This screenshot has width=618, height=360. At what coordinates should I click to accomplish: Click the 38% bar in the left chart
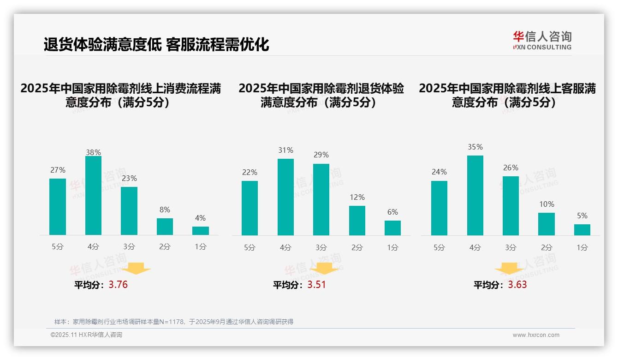click(x=93, y=196)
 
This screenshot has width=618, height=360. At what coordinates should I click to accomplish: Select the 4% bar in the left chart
click(x=201, y=231)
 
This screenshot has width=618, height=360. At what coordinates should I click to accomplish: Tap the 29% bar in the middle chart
click(x=321, y=199)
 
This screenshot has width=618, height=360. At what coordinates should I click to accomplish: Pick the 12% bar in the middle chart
click(x=357, y=221)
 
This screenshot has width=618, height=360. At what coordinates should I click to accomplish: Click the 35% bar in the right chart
click(x=475, y=195)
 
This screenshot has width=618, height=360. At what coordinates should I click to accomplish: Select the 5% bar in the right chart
click(x=582, y=230)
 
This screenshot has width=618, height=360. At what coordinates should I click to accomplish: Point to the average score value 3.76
click(x=118, y=285)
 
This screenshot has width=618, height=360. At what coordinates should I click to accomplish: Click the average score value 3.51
click(x=316, y=285)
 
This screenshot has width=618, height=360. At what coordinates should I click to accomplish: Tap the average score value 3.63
click(x=517, y=285)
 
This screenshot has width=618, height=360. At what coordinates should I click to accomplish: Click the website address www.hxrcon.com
click(x=536, y=335)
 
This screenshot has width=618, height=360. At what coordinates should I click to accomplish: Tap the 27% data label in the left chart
click(x=58, y=170)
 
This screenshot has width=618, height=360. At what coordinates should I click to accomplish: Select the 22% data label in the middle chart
click(x=250, y=173)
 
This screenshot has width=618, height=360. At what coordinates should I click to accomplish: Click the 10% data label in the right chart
click(x=547, y=204)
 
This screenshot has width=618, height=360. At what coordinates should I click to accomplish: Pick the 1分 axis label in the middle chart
click(x=392, y=248)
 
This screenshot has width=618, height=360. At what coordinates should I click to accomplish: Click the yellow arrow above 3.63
click(x=509, y=269)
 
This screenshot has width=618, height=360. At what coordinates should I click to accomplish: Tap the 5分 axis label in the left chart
click(x=58, y=247)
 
